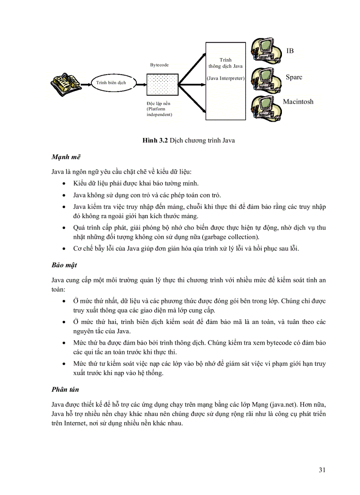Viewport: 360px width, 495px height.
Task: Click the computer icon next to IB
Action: [266, 50]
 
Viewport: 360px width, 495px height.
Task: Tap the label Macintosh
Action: [298, 102]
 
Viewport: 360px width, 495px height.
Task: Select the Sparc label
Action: [294, 77]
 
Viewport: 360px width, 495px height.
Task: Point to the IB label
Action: [290, 51]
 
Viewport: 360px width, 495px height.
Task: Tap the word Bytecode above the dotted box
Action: [159, 65]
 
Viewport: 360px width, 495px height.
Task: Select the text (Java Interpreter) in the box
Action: [225, 78]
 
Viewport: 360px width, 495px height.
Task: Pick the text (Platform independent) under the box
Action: [159, 112]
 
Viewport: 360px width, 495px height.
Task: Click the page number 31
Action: [322, 469]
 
